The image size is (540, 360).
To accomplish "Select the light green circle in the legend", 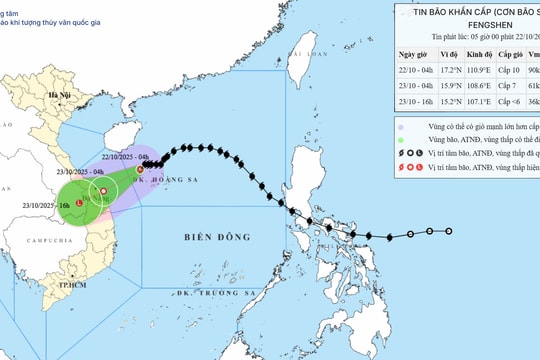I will click(x=400, y=142).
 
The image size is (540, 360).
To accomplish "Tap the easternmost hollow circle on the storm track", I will click(x=448, y=231).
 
